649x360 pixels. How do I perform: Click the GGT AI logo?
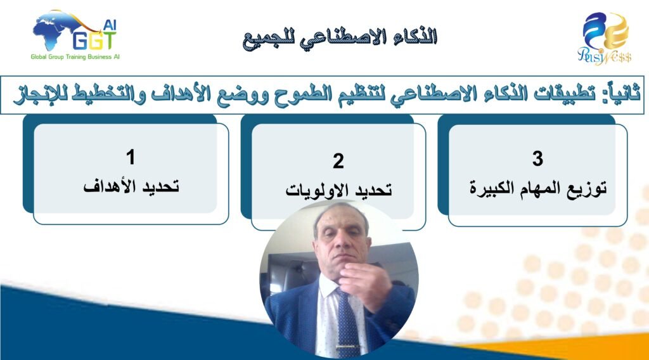[75, 36]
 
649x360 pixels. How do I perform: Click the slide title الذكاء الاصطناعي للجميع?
[340, 37]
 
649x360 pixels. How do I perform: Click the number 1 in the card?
[131, 157]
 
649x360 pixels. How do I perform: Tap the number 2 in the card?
[338, 161]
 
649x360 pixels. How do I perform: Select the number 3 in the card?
[537, 158]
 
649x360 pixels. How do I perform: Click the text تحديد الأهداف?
[131, 186]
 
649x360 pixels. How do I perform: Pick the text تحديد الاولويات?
[338, 190]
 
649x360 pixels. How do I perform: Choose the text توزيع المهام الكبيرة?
[538, 189]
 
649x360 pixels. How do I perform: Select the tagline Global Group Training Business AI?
[75, 56]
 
